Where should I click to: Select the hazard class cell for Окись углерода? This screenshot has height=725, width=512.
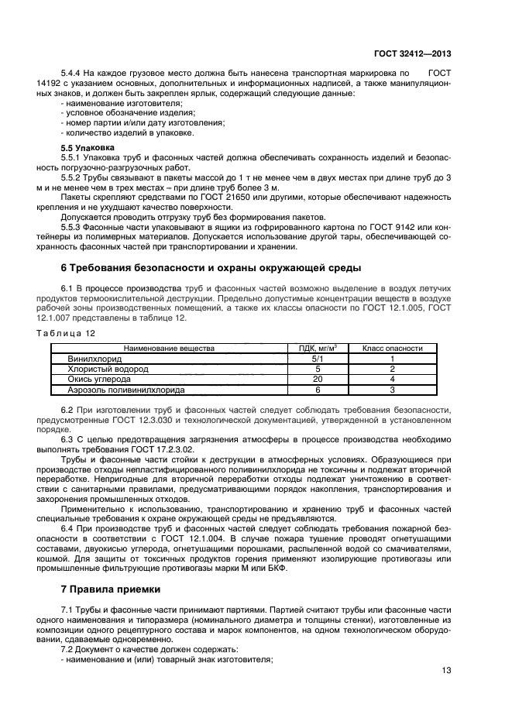(x=392, y=380)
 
